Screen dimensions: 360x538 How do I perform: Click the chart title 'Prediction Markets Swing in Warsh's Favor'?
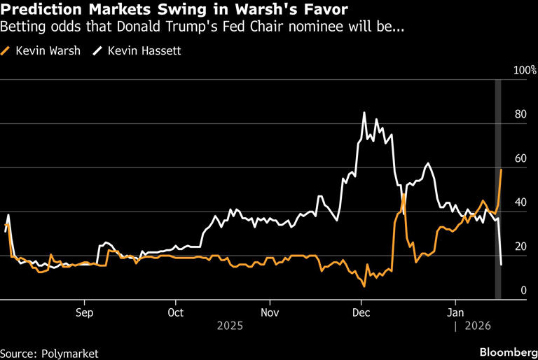(x=172, y=11)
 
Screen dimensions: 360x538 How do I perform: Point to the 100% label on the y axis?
(x=525, y=71)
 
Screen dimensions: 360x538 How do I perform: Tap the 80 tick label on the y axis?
(x=519, y=115)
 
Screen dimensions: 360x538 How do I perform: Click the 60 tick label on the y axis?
(x=519, y=159)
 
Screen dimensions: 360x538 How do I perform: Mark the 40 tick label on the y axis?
(x=519, y=202)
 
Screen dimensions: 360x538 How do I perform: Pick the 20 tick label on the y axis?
(x=519, y=247)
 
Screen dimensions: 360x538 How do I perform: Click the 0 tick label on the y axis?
(x=521, y=290)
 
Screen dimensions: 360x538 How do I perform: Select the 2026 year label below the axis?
(x=472, y=326)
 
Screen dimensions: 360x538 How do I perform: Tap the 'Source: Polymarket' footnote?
(x=49, y=353)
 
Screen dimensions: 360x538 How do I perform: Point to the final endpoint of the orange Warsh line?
(x=501, y=169)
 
